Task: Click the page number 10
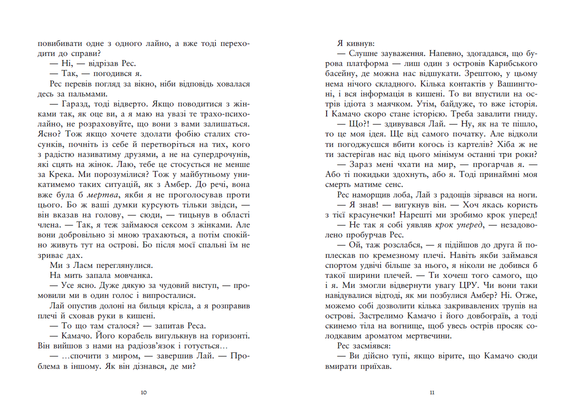point(144,392)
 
